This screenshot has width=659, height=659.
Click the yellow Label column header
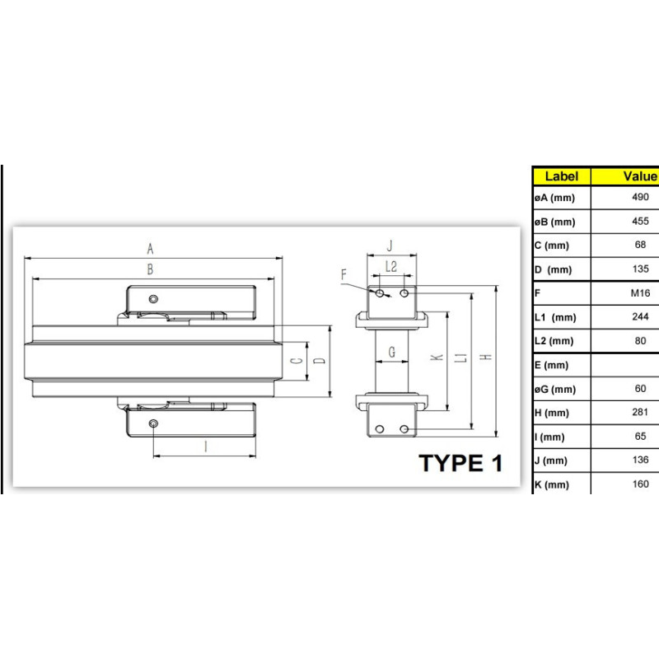(x=562, y=176)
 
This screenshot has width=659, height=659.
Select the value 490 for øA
(x=640, y=197)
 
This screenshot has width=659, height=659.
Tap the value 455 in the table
(x=640, y=221)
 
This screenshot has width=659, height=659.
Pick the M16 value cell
(x=640, y=293)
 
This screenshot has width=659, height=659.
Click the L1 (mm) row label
(x=555, y=317)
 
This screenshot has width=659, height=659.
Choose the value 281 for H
(x=640, y=413)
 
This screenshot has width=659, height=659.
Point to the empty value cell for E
(x=625, y=365)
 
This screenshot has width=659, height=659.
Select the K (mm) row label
(x=552, y=484)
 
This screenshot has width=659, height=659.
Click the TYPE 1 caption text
(x=460, y=463)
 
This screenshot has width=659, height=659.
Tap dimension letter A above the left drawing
(x=150, y=249)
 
